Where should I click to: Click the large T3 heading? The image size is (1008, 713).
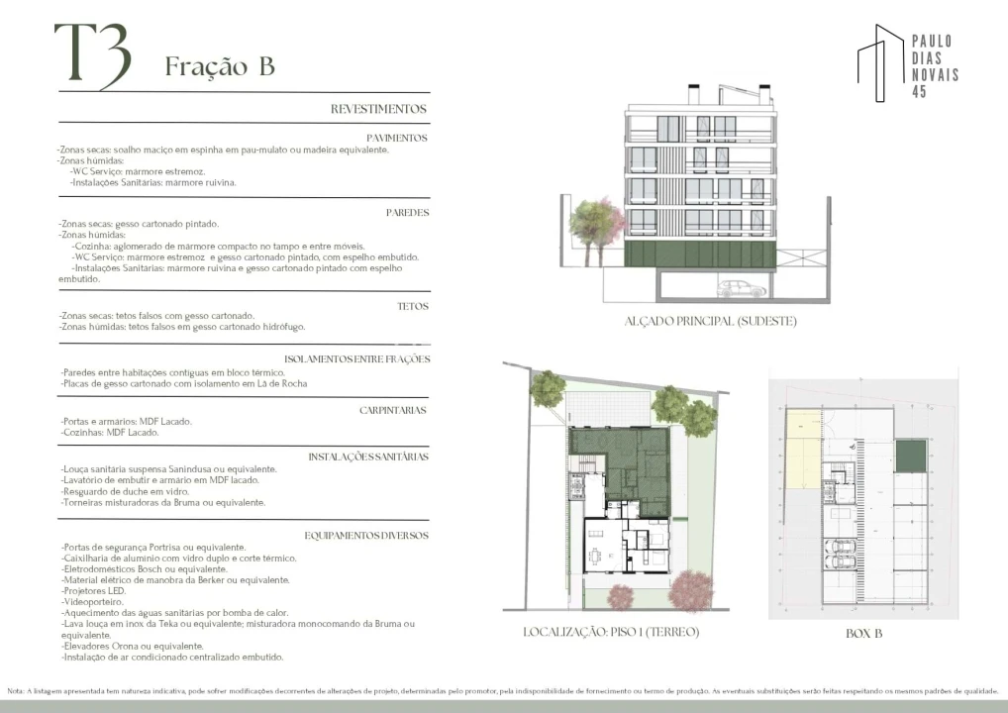point(91,54)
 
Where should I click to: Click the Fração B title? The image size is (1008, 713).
point(219,66)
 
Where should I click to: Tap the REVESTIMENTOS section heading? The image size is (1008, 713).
point(378,109)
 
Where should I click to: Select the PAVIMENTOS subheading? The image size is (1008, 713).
point(396,139)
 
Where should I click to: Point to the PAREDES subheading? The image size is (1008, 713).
point(407,213)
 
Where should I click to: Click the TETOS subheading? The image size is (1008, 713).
point(412,306)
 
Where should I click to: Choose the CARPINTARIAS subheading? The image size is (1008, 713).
point(393,409)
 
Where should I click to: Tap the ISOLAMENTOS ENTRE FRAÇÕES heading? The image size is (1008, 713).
point(355,359)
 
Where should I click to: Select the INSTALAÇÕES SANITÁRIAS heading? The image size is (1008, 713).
point(367,458)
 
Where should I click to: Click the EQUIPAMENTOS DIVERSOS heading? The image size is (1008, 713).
point(365,535)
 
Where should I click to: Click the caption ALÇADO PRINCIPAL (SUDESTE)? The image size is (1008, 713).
point(710,321)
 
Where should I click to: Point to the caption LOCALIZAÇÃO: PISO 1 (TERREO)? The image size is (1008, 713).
point(611,632)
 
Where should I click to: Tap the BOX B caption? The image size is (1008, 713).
point(863,633)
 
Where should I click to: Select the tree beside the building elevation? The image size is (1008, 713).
point(591,223)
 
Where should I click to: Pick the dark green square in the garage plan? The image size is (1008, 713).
point(910,458)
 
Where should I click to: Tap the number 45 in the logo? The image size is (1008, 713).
point(919,92)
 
